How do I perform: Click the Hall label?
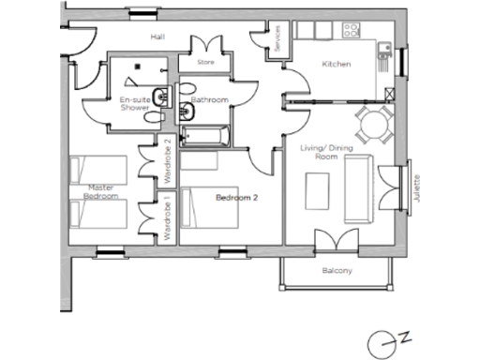pyautogui.click(x=157, y=37)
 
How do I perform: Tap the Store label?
pyautogui.click(x=206, y=63)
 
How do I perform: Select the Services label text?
pyautogui.click(x=277, y=38)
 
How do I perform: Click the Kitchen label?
pyautogui.click(x=336, y=64)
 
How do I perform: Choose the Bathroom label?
pyautogui.click(x=209, y=99)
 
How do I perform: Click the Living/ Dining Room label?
pyautogui.click(x=319, y=151)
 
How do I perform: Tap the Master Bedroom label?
pyautogui.click(x=100, y=192)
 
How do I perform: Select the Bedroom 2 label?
pyautogui.click(x=236, y=198)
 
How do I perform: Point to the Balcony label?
pyautogui.click(x=337, y=272)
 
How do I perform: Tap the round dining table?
pyautogui.click(x=372, y=122)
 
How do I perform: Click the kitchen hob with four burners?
pyautogui.click(x=353, y=30)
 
